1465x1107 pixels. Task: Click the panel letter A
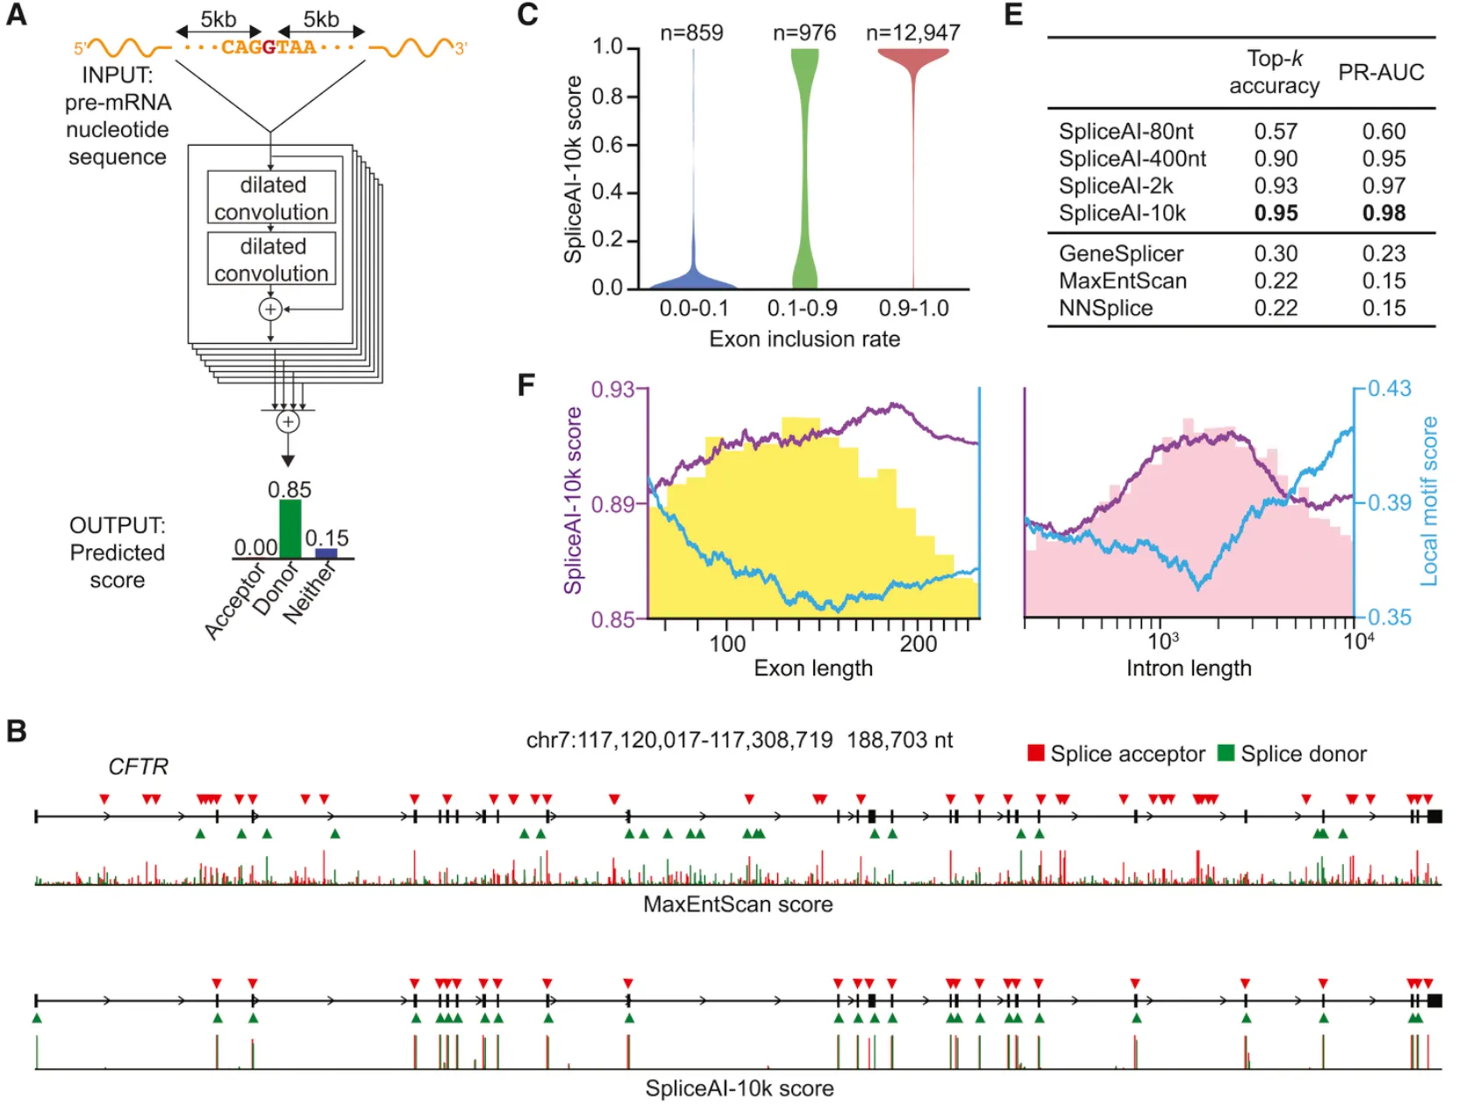(17, 15)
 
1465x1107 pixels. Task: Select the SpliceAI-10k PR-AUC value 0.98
(1383, 213)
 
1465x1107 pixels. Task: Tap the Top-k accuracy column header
(1274, 72)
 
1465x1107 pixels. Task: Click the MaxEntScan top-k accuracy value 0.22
(1275, 281)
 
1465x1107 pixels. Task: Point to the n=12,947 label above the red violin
(912, 33)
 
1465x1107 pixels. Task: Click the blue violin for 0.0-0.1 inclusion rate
(693, 277)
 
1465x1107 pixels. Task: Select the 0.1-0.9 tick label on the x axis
(802, 309)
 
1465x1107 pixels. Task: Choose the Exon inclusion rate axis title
(804, 339)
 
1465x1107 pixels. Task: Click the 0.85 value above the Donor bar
(289, 489)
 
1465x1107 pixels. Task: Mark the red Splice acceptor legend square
(1036, 753)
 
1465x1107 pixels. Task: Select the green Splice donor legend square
(1226, 753)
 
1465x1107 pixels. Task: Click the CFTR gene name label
(138, 767)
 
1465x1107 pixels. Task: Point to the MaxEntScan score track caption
(738, 904)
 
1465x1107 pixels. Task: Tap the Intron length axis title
(1189, 668)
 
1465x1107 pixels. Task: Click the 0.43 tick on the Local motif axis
(1389, 389)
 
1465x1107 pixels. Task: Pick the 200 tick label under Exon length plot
(918, 644)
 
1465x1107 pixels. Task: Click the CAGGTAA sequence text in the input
(268, 47)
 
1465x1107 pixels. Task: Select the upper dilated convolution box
(271, 198)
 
